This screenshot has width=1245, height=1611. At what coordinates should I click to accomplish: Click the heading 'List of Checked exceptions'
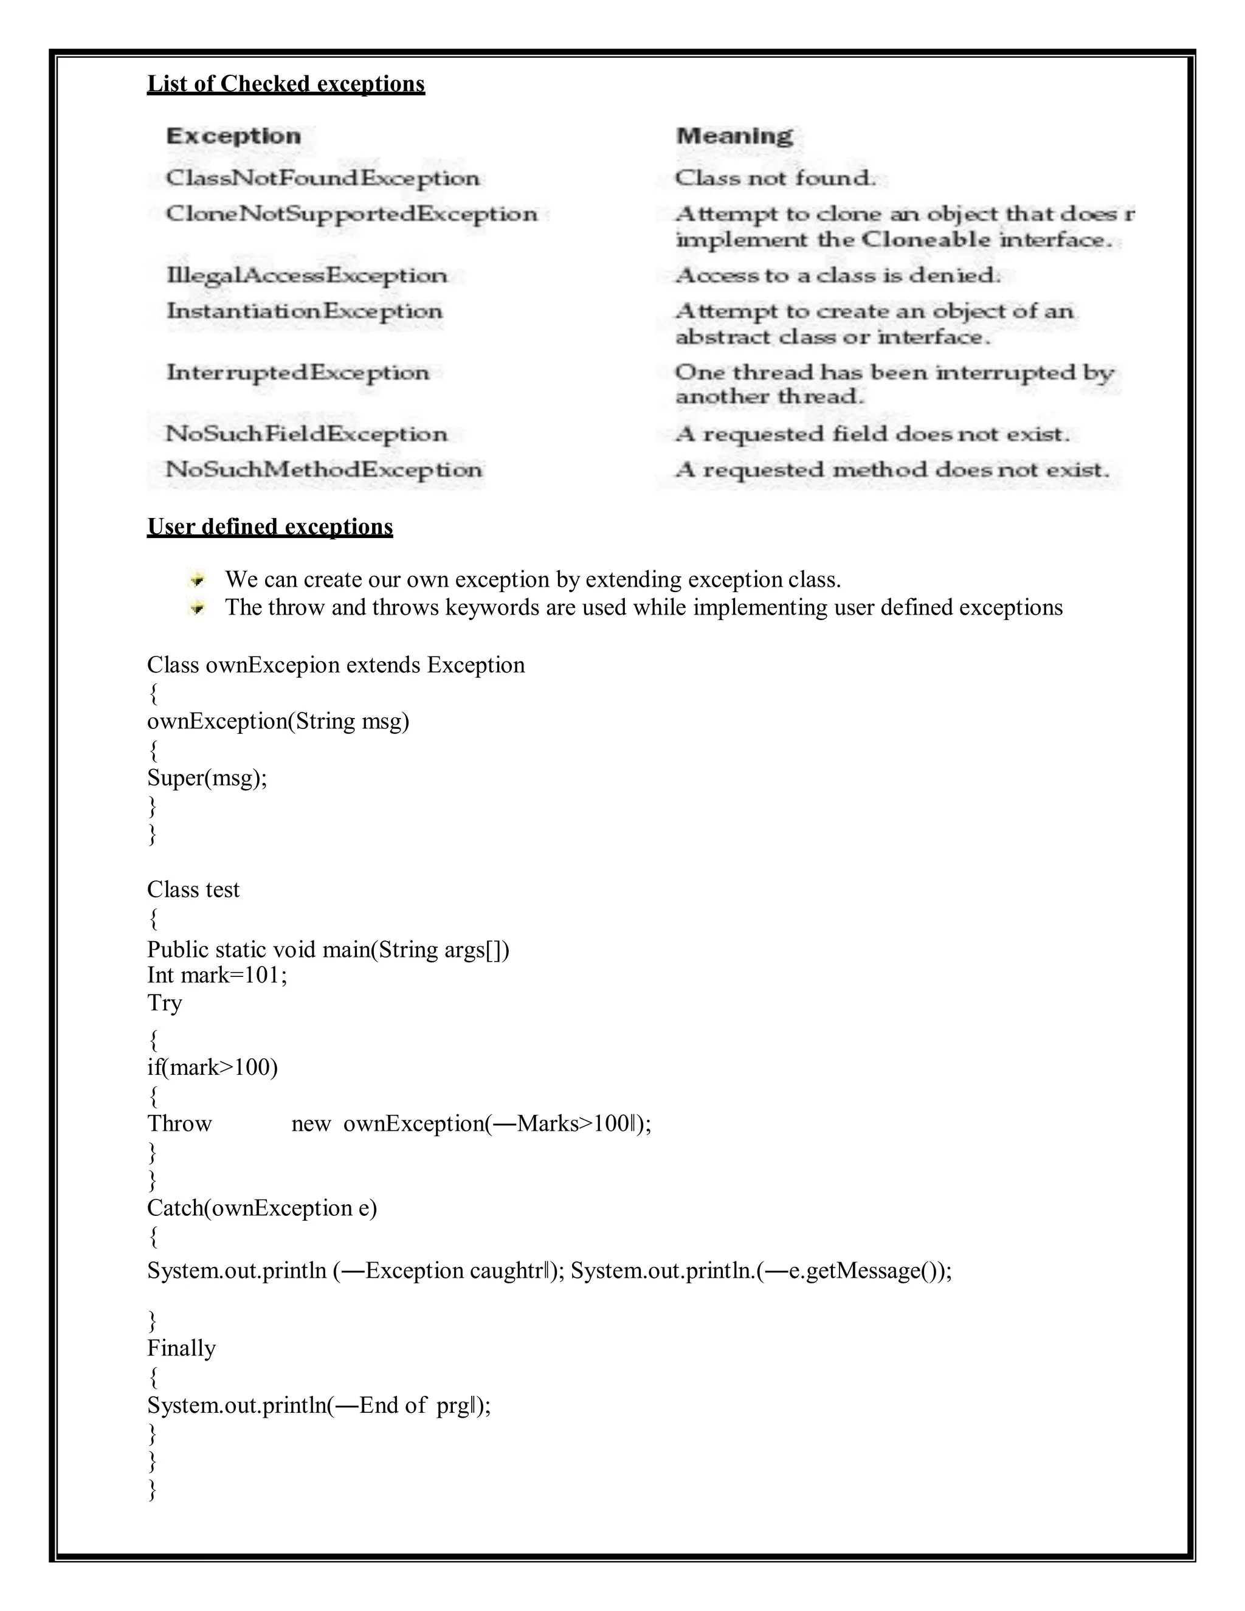click(x=286, y=84)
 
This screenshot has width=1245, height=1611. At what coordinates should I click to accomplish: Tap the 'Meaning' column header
click(x=734, y=136)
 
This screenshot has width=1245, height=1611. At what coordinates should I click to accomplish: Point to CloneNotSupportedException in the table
click(x=351, y=214)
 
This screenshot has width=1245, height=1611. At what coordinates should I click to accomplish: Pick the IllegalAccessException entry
click(x=307, y=275)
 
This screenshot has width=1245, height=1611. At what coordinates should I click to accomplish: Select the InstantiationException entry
click(x=304, y=311)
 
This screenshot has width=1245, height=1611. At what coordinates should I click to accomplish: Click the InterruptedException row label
click(x=297, y=373)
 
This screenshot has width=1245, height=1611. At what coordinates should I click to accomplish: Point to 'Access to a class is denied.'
click(x=838, y=275)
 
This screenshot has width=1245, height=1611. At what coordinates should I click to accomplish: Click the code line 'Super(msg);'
click(x=207, y=778)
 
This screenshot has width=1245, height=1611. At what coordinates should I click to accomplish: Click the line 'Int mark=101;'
click(x=217, y=975)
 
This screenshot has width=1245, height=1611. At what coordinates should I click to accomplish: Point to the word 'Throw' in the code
click(x=179, y=1123)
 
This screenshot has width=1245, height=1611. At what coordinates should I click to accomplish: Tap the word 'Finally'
click(x=181, y=1348)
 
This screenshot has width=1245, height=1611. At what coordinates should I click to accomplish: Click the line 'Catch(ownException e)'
click(x=262, y=1209)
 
